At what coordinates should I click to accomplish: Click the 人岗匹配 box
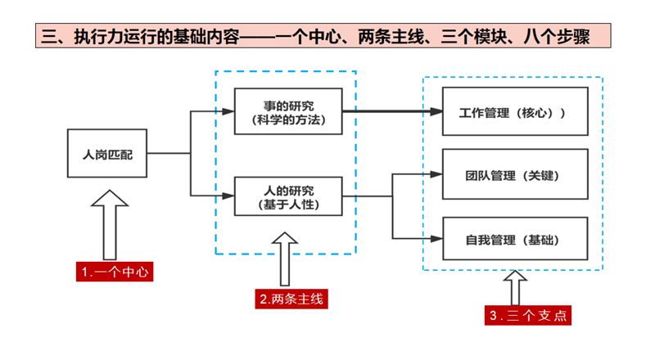tap(107, 153)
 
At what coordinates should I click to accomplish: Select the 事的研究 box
tap(287, 112)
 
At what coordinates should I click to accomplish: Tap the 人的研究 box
tap(287, 196)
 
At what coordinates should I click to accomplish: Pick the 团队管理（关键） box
tap(515, 174)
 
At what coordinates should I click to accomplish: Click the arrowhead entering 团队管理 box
tap(436, 174)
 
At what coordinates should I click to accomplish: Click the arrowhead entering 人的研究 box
tap(229, 196)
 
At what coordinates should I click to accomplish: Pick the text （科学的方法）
tap(287, 120)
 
